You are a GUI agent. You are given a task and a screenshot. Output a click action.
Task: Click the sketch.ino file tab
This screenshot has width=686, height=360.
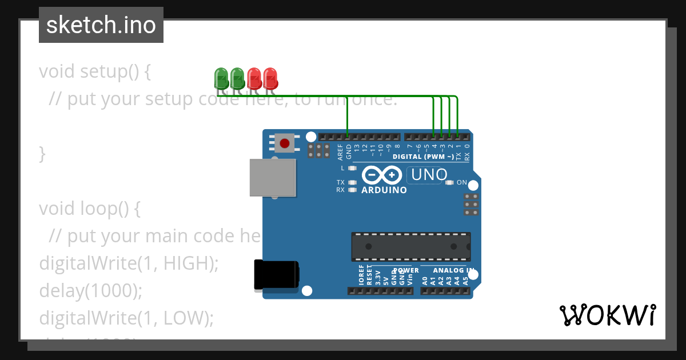[101, 26]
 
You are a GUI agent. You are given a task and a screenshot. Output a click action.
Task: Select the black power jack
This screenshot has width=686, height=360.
[277, 275]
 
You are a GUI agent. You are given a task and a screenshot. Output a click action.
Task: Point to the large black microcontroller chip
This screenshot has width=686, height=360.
[411, 246]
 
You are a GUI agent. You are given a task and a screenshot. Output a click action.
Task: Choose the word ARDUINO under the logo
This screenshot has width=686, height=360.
[384, 190]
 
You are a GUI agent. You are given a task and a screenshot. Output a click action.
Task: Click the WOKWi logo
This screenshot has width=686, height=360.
[607, 315]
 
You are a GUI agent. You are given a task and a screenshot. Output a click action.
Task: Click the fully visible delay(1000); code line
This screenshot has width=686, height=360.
[90, 291]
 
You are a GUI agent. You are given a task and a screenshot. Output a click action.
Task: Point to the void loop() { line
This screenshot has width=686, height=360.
[90, 209]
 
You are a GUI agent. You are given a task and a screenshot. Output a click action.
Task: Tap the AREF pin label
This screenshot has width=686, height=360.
[340, 151]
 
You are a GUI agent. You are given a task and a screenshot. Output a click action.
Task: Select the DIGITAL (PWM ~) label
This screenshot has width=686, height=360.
[424, 157]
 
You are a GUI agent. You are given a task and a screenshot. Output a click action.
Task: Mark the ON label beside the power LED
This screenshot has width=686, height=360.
[462, 183]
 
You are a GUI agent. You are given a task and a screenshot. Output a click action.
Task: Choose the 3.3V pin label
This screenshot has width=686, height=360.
[378, 277]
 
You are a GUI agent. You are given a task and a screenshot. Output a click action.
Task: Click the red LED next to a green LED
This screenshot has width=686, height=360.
[254, 77]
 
